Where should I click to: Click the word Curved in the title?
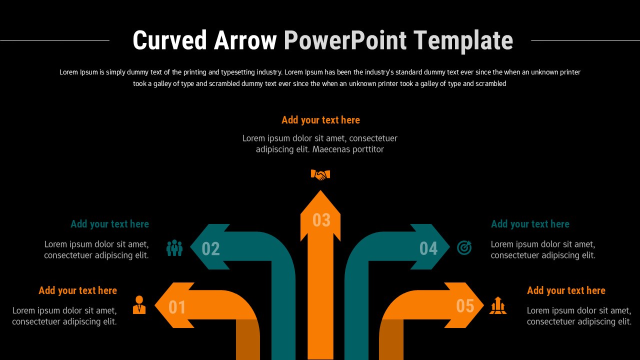[x=170, y=40]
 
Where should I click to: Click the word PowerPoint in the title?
[x=345, y=40]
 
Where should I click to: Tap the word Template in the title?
[x=463, y=40]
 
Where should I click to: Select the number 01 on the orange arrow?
[x=177, y=307]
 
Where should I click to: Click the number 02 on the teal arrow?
[x=210, y=248]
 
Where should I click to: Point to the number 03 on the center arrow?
[x=321, y=220]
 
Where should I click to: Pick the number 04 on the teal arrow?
[x=428, y=248]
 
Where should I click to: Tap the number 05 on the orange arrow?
[x=465, y=305]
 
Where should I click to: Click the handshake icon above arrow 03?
[x=320, y=174]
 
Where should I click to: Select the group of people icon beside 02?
[x=174, y=248]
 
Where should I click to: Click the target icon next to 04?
[x=464, y=247]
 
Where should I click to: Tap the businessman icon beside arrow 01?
[x=139, y=305]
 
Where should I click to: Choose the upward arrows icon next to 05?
[x=498, y=305]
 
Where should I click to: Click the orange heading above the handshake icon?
[x=320, y=120]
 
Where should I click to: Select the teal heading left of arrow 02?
[x=109, y=224]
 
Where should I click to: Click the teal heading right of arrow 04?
[x=530, y=224]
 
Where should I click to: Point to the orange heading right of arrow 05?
[x=566, y=290]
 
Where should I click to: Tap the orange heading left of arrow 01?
[x=77, y=290]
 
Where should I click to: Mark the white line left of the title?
[x=55, y=40]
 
